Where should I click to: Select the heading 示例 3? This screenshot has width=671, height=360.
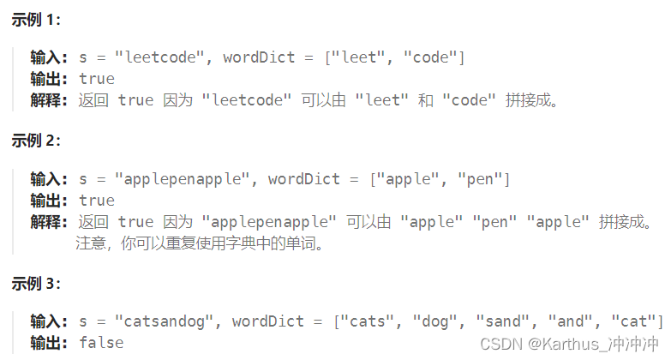35,283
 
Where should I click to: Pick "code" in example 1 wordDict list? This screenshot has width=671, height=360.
435,57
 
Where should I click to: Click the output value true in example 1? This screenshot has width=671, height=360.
96,79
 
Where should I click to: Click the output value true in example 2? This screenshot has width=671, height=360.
96,201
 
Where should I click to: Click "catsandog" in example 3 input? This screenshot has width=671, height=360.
165,321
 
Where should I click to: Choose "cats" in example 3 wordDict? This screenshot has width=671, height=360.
368,321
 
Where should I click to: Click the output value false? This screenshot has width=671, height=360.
100,343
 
